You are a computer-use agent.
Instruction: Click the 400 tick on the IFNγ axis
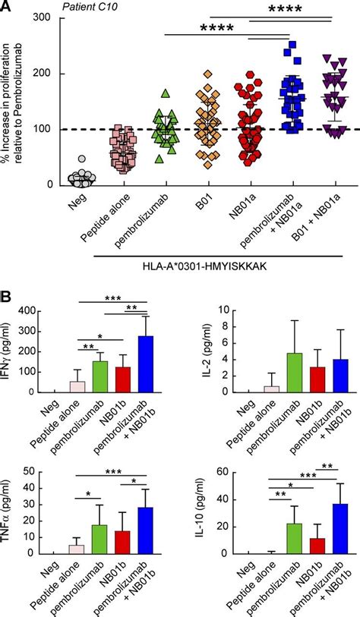34,310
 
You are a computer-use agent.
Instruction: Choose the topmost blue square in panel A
288,47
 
